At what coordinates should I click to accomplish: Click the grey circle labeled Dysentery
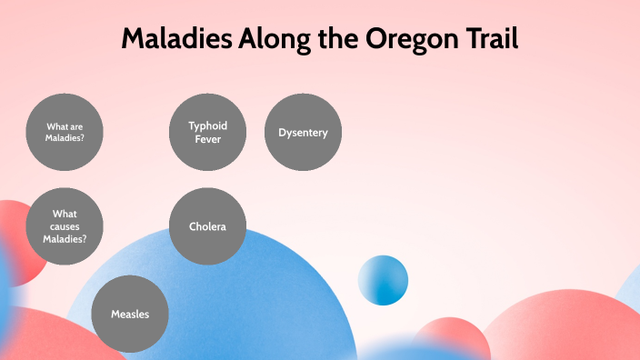point(303,133)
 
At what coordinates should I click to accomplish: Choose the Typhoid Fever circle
point(208,133)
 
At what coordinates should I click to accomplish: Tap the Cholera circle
point(208,226)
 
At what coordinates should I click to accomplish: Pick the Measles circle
point(130,314)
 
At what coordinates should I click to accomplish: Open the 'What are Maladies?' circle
point(65,133)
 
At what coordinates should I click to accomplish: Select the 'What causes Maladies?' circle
point(65,226)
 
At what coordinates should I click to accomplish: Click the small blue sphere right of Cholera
point(383,280)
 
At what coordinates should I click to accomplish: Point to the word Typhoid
point(208,125)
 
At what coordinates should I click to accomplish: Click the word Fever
point(208,139)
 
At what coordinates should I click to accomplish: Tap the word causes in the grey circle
point(65,226)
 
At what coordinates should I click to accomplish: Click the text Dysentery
point(303,133)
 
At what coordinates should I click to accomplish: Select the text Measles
point(130,315)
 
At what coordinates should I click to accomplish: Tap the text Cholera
point(207,226)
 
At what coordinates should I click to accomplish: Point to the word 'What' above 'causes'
point(65,214)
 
